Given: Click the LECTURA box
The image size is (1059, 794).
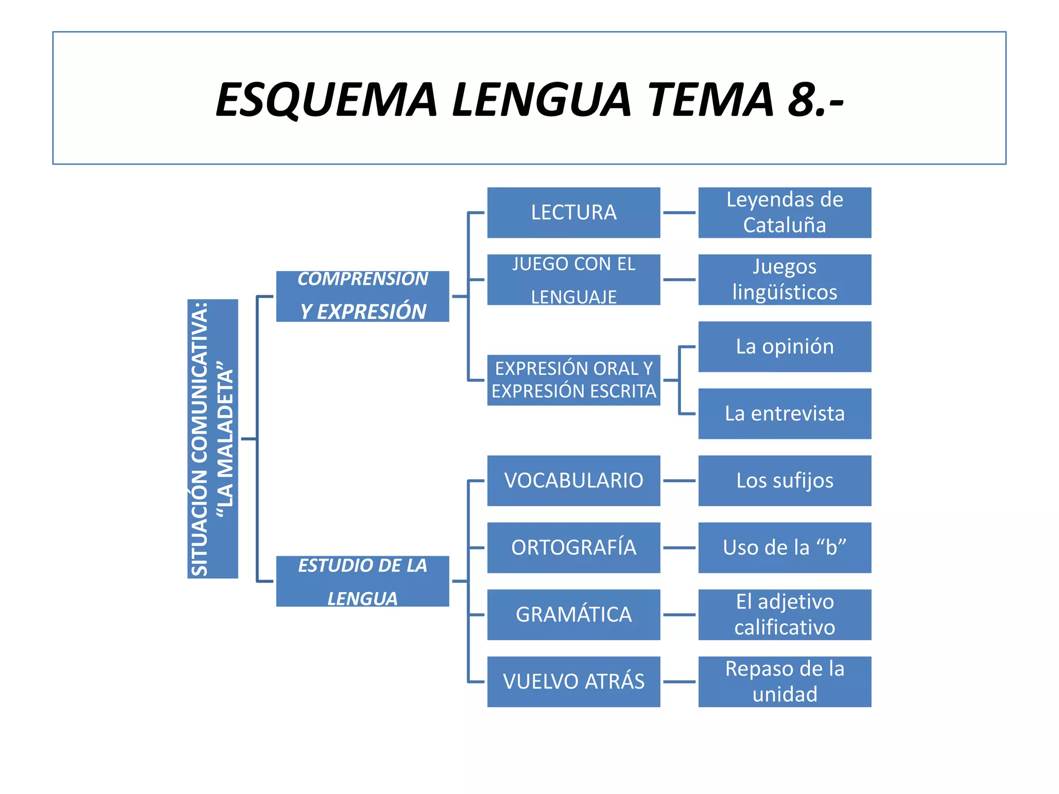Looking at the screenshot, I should point(573,212).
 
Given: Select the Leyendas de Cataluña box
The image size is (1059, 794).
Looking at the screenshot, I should point(784,212).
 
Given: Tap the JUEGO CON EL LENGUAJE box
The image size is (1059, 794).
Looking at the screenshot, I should point(573,280).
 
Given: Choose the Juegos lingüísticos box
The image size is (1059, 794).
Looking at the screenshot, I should point(784,280).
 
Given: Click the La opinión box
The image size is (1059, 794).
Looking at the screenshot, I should point(784,346).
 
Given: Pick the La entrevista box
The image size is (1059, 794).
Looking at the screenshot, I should point(784,414).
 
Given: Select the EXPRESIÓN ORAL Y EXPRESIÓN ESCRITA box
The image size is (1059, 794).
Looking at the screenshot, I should point(573,380).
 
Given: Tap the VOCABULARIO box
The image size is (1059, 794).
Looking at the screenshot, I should point(573,481).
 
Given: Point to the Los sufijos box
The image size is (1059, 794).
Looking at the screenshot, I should point(784,481).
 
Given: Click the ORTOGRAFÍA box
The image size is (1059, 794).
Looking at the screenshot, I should point(573,547).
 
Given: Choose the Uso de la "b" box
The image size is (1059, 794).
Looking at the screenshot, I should point(784,547).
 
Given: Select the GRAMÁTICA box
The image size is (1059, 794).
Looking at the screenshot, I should point(573,615).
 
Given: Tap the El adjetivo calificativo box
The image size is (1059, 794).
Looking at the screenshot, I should point(784,615).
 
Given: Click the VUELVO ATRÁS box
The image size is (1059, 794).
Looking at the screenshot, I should point(573,682).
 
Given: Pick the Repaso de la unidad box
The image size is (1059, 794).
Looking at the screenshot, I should point(784,682).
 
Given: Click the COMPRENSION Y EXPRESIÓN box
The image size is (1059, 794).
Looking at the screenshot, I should point(362,296).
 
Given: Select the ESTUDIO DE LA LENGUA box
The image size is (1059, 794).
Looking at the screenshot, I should point(362,581).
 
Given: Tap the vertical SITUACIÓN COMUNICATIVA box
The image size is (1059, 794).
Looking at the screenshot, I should point(213,438).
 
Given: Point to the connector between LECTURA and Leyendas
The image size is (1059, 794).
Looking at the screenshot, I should point(679,212).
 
